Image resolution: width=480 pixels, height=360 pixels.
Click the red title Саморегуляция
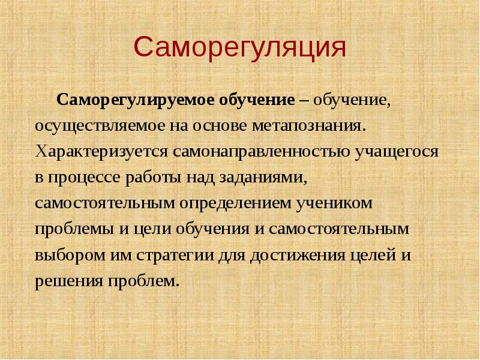(x=240, y=47)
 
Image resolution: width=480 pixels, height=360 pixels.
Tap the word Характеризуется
(x=103, y=151)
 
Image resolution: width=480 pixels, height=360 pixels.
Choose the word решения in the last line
(x=65, y=280)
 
